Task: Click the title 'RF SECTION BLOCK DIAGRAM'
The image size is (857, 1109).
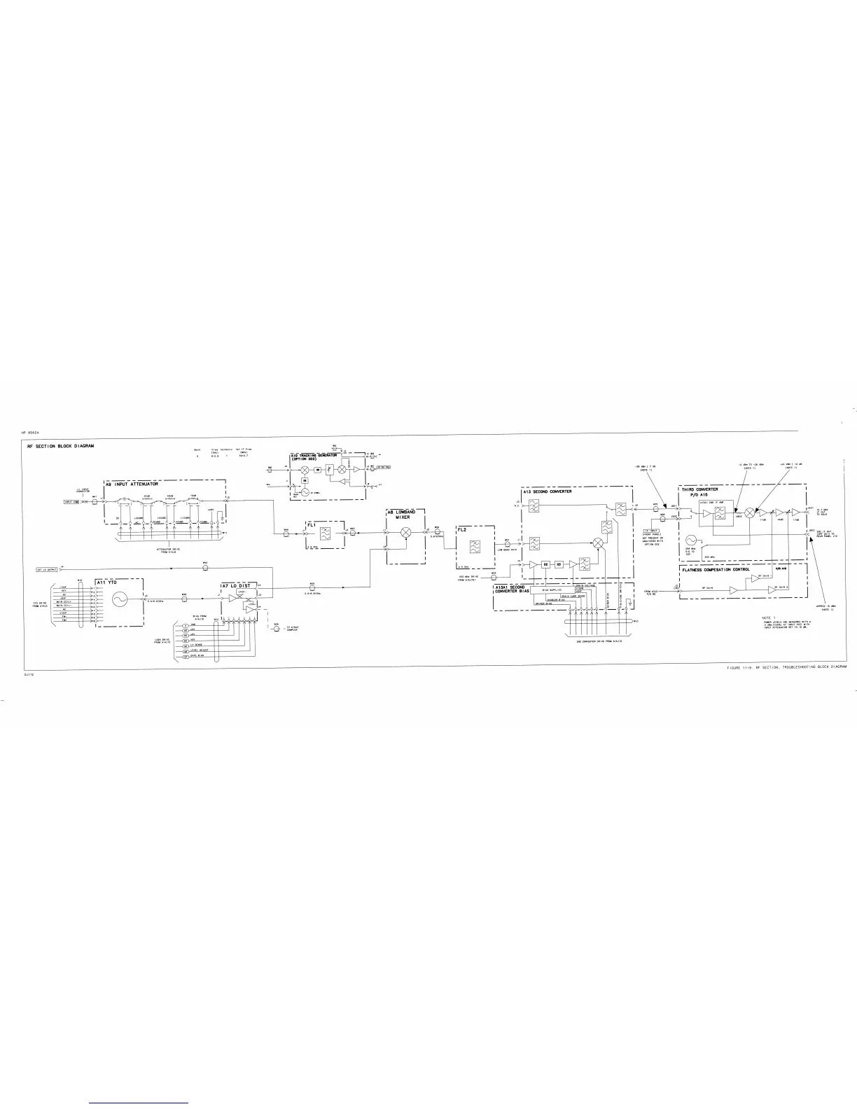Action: [x=61, y=446]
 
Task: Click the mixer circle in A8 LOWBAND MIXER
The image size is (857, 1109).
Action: [x=405, y=533]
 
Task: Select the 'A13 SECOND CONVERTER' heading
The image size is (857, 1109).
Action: [x=548, y=491]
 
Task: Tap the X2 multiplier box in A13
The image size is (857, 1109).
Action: [x=548, y=564]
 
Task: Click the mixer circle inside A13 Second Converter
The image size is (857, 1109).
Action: [x=599, y=543]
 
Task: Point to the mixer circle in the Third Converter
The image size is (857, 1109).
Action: [x=750, y=512]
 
